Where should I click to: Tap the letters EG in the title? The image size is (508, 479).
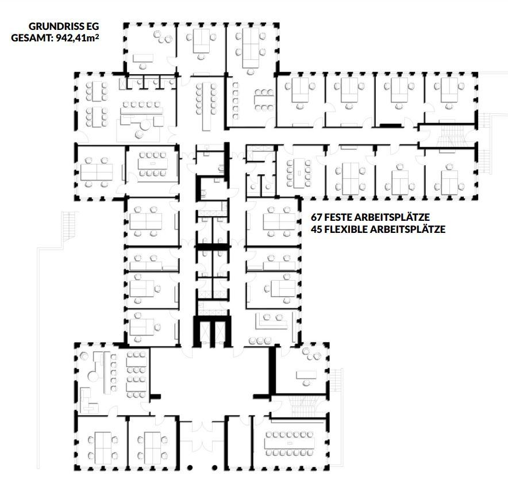(x=93, y=26)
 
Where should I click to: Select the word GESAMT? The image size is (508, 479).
(x=30, y=38)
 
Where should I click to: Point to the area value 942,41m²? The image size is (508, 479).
(x=78, y=38)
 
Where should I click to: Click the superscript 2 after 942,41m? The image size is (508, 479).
(x=97, y=36)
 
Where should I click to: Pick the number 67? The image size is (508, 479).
(x=316, y=217)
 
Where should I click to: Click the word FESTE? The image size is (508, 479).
(x=338, y=217)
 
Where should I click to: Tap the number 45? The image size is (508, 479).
(x=316, y=229)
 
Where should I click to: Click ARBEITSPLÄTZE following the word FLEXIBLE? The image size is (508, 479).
(x=407, y=229)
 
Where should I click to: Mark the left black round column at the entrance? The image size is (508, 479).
(x=190, y=467)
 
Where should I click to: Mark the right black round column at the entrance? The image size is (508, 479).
(x=214, y=467)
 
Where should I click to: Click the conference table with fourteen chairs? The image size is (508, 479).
(x=289, y=443)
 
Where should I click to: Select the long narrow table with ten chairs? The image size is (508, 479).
(x=205, y=106)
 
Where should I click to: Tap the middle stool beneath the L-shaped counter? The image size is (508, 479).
(x=260, y=341)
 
